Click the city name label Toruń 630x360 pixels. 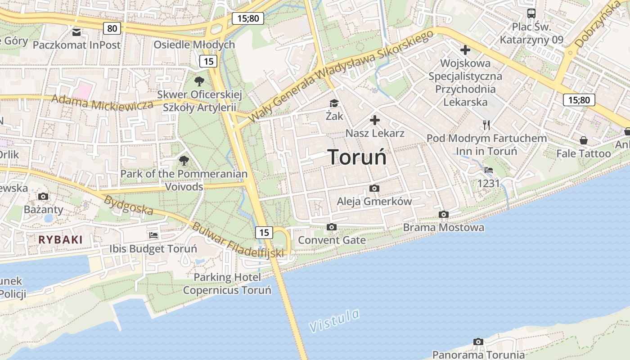click(x=357, y=157)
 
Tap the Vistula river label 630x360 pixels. click(x=334, y=320)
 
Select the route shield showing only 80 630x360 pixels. click(x=112, y=29)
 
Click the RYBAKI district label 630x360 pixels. click(x=60, y=239)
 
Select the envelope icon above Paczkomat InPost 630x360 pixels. click(x=76, y=32)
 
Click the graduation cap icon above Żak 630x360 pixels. click(x=334, y=103)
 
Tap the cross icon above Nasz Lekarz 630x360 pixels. click(x=375, y=120)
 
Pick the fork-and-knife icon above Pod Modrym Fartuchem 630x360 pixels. click(x=486, y=125)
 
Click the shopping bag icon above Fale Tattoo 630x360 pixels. click(x=583, y=140)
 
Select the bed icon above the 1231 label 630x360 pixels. click(x=489, y=170)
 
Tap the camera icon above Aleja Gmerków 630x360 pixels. click(x=374, y=188)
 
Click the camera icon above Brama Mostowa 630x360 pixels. click(x=444, y=214)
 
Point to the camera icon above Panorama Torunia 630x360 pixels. click(x=478, y=342)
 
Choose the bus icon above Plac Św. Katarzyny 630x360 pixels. click(x=531, y=13)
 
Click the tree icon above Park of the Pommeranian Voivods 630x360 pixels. click(x=184, y=160)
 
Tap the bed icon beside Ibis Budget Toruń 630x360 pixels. click(x=153, y=235)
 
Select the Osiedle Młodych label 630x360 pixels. click(x=194, y=45)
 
